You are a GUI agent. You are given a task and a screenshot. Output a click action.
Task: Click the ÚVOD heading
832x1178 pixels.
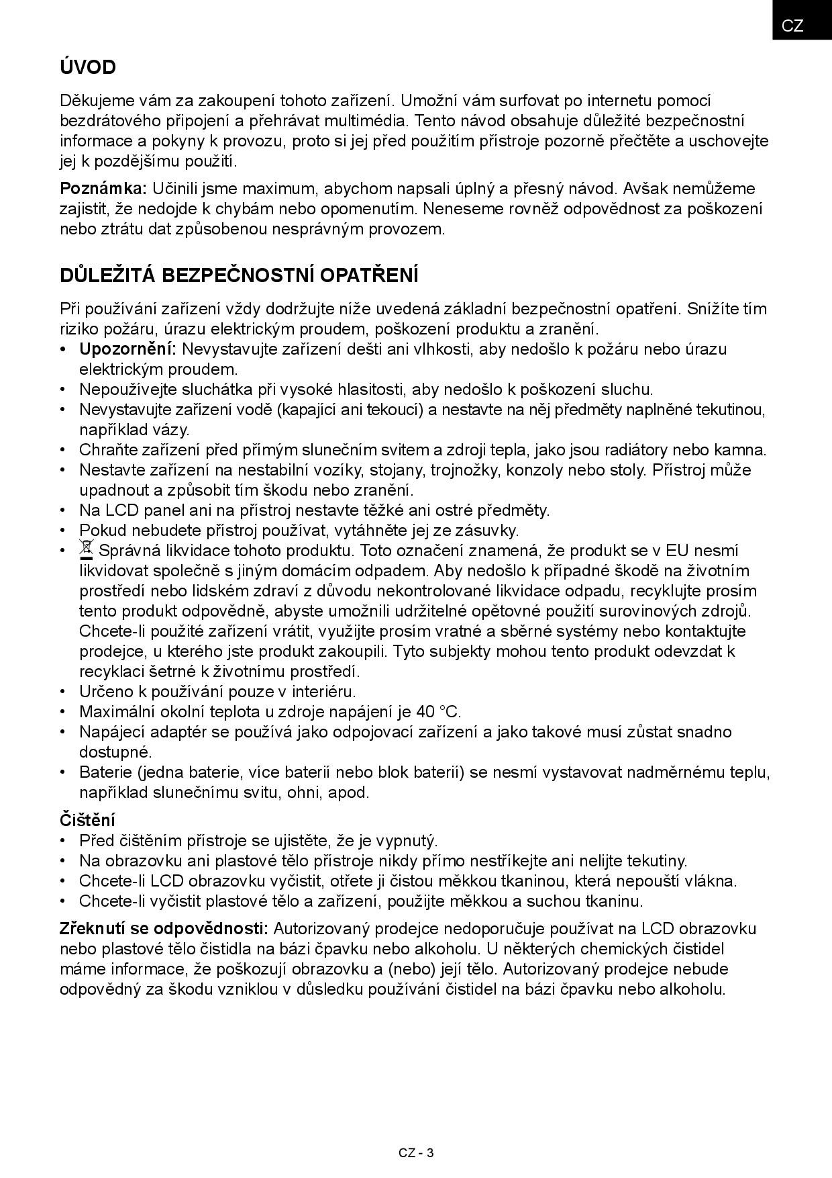pyautogui.click(x=88, y=67)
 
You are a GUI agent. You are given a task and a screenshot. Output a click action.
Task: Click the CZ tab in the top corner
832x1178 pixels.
pyautogui.click(x=792, y=26)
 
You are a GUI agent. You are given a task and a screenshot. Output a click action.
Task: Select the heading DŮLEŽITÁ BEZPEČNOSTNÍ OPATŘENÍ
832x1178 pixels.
pyautogui.click(x=239, y=275)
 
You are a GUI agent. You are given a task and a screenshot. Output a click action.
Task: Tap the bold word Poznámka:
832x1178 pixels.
pyautogui.click(x=103, y=188)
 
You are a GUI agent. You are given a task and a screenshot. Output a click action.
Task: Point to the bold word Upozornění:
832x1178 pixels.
pyautogui.click(x=127, y=349)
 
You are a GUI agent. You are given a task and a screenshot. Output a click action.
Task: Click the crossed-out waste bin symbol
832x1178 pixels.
pyautogui.click(x=86, y=550)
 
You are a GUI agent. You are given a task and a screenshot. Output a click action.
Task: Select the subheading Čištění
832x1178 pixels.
pyautogui.click(x=87, y=820)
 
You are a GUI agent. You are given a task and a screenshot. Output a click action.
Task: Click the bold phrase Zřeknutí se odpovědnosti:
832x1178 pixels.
pyautogui.click(x=164, y=929)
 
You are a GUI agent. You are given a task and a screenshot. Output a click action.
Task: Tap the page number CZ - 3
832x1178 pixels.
pyautogui.click(x=416, y=1153)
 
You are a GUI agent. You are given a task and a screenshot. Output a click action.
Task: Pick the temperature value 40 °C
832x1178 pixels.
pyautogui.click(x=438, y=712)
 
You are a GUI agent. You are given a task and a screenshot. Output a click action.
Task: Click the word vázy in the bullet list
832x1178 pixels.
pyautogui.click(x=172, y=430)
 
